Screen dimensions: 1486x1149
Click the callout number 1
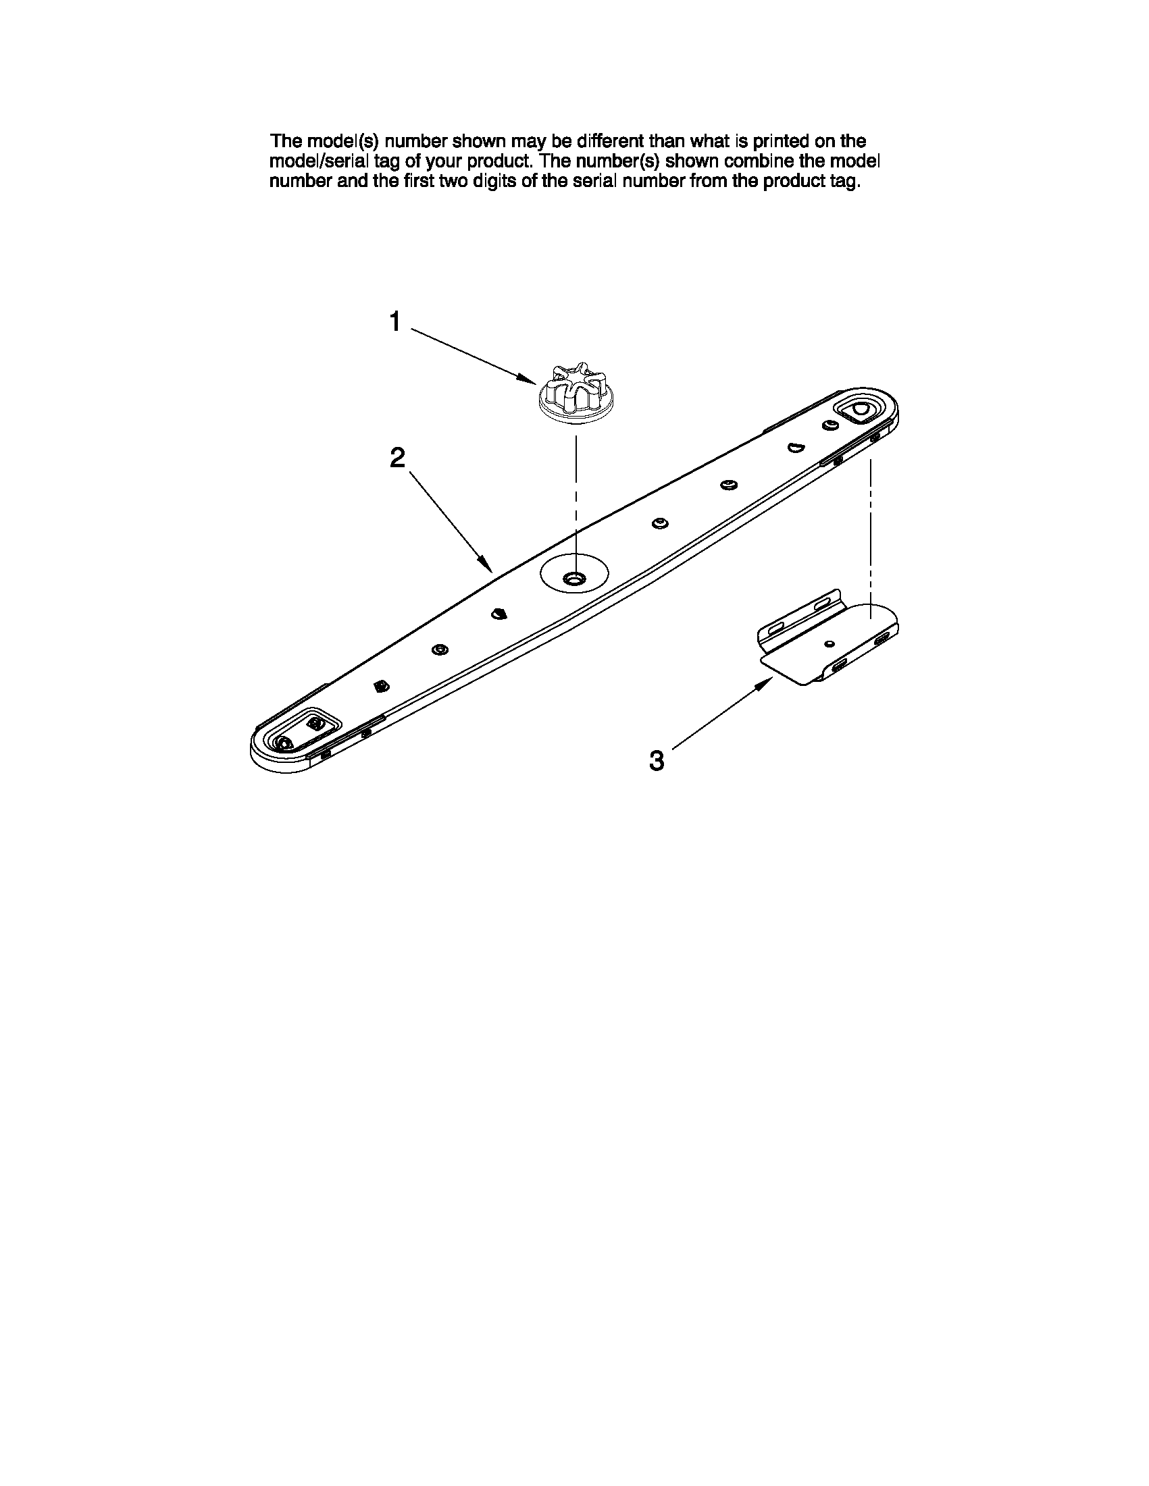click(x=394, y=321)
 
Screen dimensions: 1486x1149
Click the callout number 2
click(x=397, y=457)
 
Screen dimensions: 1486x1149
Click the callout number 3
click(x=656, y=760)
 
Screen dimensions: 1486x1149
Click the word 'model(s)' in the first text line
click(x=344, y=142)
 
